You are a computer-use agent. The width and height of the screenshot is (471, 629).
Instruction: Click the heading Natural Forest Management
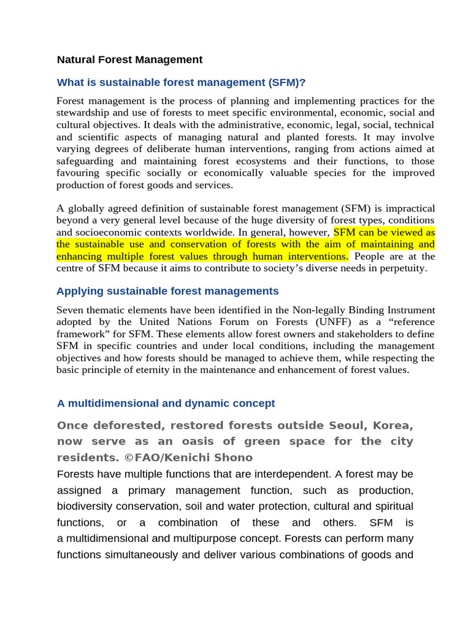129,60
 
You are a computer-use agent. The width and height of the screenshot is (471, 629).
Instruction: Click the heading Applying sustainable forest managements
167,291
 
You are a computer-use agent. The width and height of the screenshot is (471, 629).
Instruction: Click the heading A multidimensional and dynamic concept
166,404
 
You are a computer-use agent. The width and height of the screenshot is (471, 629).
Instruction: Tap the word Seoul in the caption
348,426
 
